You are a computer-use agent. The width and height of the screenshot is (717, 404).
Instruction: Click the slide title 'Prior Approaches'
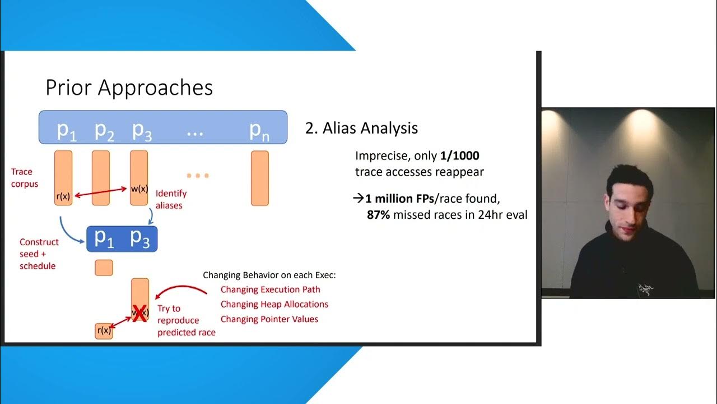coord(129,88)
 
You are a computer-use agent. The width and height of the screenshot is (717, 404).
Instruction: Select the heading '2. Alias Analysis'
coord(361,128)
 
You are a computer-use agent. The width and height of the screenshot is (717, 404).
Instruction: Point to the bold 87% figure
coord(379,214)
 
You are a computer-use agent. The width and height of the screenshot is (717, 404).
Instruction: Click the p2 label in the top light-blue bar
coord(104,130)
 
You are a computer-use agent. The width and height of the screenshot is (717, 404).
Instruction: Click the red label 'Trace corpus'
coord(25,177)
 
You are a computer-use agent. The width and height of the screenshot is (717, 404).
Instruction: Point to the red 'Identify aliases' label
coord(171,199)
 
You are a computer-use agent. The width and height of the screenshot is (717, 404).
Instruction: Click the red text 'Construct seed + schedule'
coord(39,254)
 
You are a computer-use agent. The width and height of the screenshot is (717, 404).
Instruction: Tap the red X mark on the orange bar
coord(139,315)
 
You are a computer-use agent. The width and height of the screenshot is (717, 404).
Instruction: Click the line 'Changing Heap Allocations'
coord(274,304)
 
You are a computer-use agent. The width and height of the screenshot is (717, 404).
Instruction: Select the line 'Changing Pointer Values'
coord(269,319)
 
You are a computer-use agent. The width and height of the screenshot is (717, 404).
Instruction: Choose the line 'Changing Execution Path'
coord(270,290)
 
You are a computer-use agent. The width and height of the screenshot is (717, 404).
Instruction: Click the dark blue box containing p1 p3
coord(122,238)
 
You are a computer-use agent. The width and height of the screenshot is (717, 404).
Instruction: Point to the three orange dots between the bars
coord(198,176)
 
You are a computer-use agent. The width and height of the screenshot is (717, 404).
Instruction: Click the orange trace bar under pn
coord(259,178)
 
